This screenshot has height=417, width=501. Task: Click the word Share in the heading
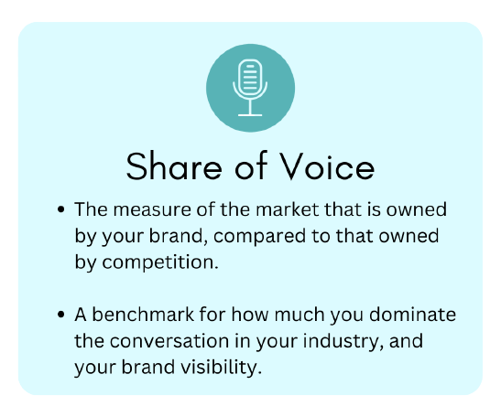174,166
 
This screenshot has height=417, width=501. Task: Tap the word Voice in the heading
327,166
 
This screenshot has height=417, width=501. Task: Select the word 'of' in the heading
251,166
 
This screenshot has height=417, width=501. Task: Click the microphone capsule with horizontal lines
250,77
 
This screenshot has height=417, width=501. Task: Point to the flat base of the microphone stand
250,115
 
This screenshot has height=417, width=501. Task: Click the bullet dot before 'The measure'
60,209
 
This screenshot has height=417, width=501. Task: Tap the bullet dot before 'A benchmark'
60,315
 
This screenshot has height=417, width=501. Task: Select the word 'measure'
152,210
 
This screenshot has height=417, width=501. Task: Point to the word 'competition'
158,262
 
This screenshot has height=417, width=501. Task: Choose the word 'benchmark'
143,315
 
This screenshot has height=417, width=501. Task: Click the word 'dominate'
412,315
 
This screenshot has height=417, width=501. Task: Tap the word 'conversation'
169,341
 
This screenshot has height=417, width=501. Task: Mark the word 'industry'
343,342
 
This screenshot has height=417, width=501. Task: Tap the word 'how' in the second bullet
250,315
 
